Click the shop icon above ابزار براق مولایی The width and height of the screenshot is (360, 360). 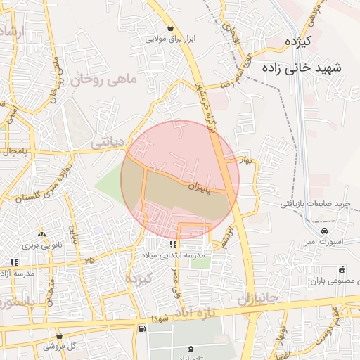point(171,28)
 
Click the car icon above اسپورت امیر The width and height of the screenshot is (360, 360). point(324,230)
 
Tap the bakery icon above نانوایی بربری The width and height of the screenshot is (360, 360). point(41,233)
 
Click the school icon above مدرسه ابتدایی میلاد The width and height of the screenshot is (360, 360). point(173,244)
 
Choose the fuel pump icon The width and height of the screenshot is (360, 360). point(143,328)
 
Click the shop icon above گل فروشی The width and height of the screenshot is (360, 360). point(60,336)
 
